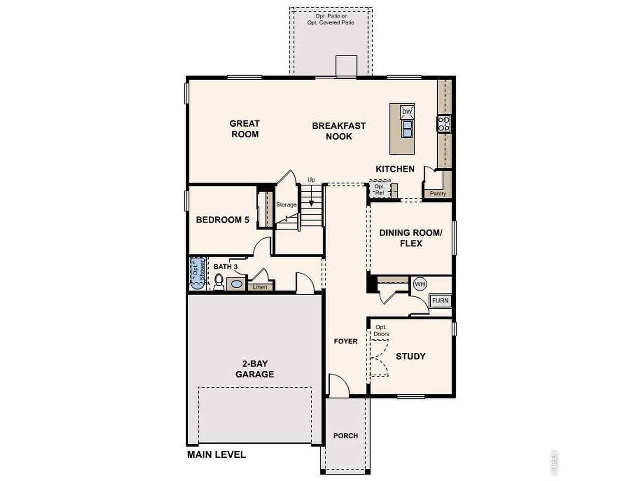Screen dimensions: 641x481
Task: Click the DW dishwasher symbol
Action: point(407,112)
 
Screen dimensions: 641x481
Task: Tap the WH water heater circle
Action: point(420,284)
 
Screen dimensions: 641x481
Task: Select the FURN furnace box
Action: point(440,301)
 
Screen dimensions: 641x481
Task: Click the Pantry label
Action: point(438,193)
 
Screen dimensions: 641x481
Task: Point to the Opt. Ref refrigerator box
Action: point(380,189)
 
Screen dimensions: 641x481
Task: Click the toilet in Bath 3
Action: point(218,282)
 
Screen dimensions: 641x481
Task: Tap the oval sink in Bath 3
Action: point(236,284)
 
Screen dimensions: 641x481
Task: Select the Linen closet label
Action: point(260,287)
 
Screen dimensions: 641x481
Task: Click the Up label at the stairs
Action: point(311,180)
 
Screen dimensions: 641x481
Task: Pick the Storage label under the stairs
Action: point(286,205)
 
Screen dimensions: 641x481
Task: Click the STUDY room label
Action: point(411,356)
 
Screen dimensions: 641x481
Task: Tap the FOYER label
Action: point(346,341)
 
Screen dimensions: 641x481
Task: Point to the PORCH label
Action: point(346,435)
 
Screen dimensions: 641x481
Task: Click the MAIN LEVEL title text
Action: point(216,454)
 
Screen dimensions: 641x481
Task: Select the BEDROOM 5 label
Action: point(222,219)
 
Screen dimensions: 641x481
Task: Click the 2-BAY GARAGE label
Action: point(255,369)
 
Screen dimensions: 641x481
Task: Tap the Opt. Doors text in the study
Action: point(382,330)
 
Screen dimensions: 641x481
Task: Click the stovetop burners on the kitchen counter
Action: point(444,124)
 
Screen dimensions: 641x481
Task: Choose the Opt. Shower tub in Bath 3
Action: point(198,274)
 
